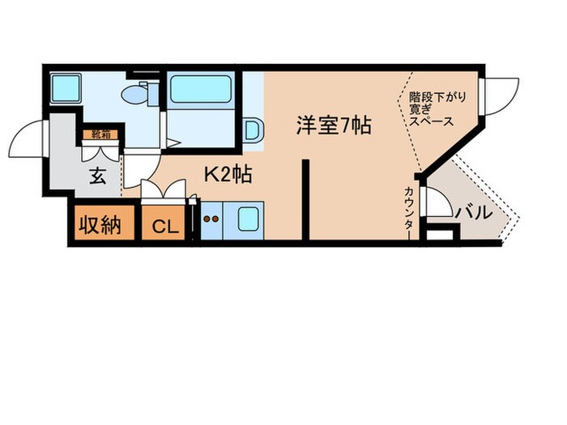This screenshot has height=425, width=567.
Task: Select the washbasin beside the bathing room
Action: click(x=252, y=130)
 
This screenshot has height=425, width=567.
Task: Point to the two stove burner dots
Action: click(x=211, y=218)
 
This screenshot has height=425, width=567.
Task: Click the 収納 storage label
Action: click(x=100, y=224)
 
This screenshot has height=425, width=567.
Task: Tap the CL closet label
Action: click(x=164, y=226)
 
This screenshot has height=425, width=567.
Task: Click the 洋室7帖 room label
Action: click(x=333, y=125)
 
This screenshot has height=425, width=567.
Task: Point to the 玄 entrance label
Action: click(x=97, y=176)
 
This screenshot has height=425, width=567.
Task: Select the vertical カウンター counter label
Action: click(x=409, y=212)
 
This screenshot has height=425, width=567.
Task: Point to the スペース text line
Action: click(x=430, y=121)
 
